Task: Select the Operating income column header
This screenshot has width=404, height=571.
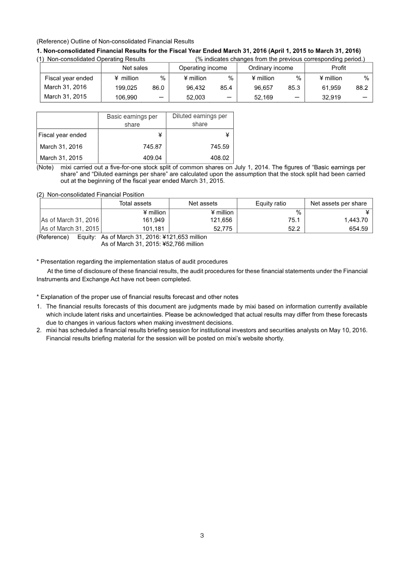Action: click(203, 68)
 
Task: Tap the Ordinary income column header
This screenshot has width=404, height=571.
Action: click(271, 68)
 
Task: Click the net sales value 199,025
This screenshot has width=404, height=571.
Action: click(126, 87)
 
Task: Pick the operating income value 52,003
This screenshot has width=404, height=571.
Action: click(195, 97)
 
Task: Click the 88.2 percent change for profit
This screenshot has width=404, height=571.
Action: click(362, 87)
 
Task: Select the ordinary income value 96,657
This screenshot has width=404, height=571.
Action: click(263, 87)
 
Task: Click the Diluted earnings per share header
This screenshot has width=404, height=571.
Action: click(199, 120)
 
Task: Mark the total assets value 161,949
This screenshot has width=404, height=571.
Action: click(154, 220)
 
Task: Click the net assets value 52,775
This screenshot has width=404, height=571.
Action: click(223, 229)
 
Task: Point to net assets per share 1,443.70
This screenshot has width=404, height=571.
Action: click(352, 220)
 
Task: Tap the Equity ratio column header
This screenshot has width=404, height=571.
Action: click(271, 203)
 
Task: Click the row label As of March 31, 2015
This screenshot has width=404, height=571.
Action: click(70, 229)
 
